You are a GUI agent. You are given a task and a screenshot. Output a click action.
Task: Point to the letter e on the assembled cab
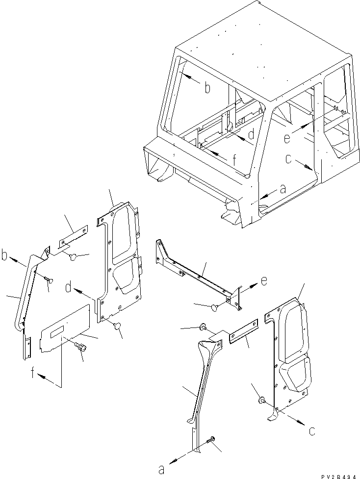[287, 139]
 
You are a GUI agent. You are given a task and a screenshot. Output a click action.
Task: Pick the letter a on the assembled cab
[282, 188]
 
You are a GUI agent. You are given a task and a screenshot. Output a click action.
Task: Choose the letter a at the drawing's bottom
[161, 469]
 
